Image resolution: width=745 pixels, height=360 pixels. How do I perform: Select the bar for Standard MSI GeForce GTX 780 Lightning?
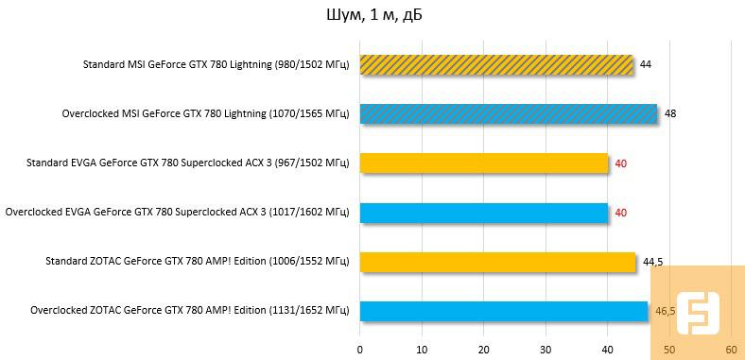pyautogui.click(x=496, y=64)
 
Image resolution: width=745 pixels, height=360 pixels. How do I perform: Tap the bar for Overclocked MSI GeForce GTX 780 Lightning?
pyautogui.click(x=508, y=113)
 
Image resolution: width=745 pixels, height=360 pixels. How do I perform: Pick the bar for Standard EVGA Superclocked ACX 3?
pyautogui.click(x=483, y=163)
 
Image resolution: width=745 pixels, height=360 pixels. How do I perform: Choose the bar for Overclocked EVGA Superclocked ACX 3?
pyautogui.click(x=483, y=212)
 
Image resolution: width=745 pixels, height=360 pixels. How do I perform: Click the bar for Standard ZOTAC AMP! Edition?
pyautogui.click(x=497, y=261)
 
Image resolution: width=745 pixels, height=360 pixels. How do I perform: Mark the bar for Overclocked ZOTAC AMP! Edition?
pyautogui.click(x=503, y=310)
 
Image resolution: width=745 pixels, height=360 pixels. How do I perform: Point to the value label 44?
pyautogui.click(x=646, y=64)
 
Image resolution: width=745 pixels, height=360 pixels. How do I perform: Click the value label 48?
pyautogui.click(x=670, y=113)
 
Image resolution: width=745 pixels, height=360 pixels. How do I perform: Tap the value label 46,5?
pyautogui.click(x=666, y=310)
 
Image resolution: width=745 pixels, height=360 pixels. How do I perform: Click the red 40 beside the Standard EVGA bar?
pyautogui.click(x=621, y=163)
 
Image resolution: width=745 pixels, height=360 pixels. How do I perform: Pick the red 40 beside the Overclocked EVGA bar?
pyautogui.click(x=621, y=213)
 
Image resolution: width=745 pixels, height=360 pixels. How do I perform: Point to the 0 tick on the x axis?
pyautogui.click(x=360, y=350)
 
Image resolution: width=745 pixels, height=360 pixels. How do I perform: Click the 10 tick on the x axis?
pyautogui.click(x=422, y=350)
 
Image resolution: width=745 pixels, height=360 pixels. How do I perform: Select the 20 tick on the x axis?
pyautogui.click(x=484, y=350)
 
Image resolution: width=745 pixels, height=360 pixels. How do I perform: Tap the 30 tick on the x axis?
pyautogui.click(x=546, y=350)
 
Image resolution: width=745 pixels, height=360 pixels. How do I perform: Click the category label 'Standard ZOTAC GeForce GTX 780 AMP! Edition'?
pyautogui.click(x=198, y=261)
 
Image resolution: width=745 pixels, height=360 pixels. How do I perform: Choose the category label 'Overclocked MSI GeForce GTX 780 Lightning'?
pyautogui.click(x=205, y=113)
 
